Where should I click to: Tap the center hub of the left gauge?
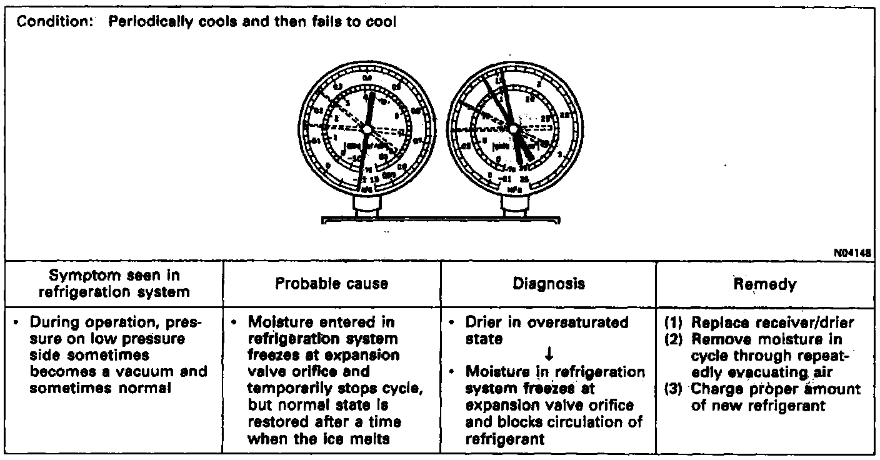coord(366,129)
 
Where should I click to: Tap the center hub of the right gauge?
coord(514,129)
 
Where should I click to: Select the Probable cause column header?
coord(331,284)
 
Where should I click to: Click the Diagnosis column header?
coord(547,284)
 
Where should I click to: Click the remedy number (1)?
coord(673,323)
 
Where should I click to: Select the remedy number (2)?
coord(673,339)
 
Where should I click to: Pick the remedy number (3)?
coord(673,389)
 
